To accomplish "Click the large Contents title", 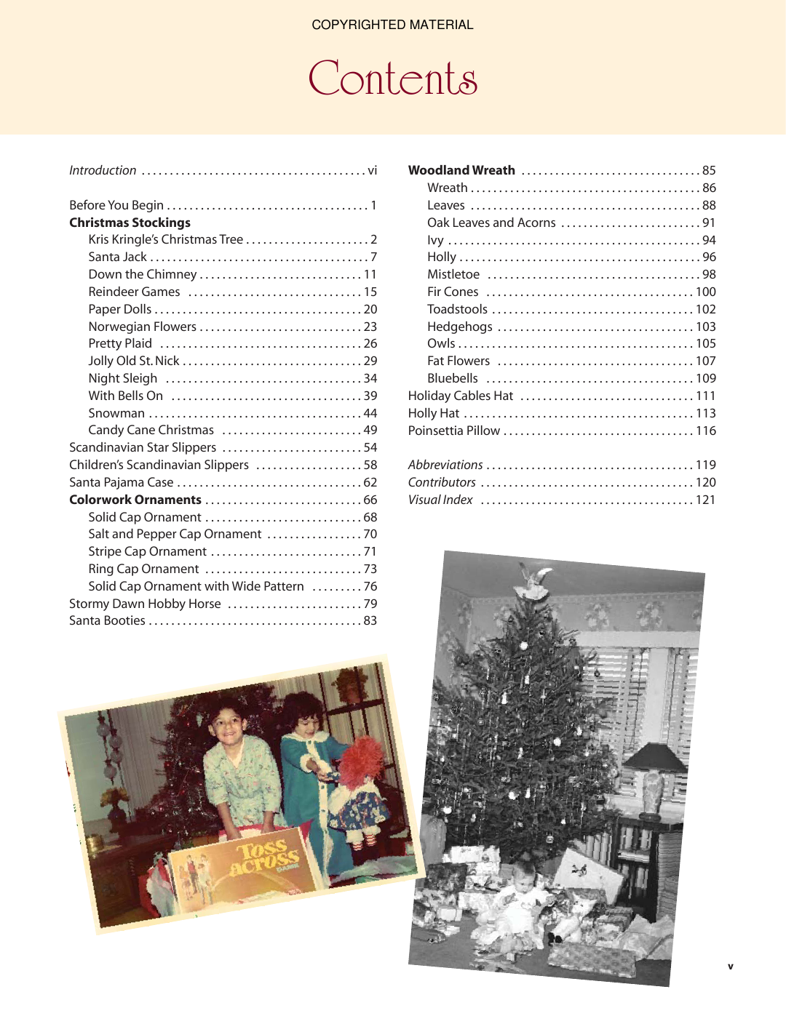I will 392,79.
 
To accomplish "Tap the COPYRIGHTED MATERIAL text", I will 392,25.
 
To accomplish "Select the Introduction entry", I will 103,170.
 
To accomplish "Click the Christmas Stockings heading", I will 130,223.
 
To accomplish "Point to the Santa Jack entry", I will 117,257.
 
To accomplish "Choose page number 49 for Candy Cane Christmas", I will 370,430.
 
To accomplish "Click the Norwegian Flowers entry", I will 142,327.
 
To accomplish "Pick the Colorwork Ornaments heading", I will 135,500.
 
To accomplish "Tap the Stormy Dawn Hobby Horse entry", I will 145,604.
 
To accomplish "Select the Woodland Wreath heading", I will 461,170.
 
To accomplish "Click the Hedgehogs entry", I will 459,327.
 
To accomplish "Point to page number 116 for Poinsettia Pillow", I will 706,431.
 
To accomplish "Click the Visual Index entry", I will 440,500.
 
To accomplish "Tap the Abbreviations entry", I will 445,465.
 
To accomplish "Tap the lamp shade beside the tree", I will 656,757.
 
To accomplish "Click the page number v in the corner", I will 730,967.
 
